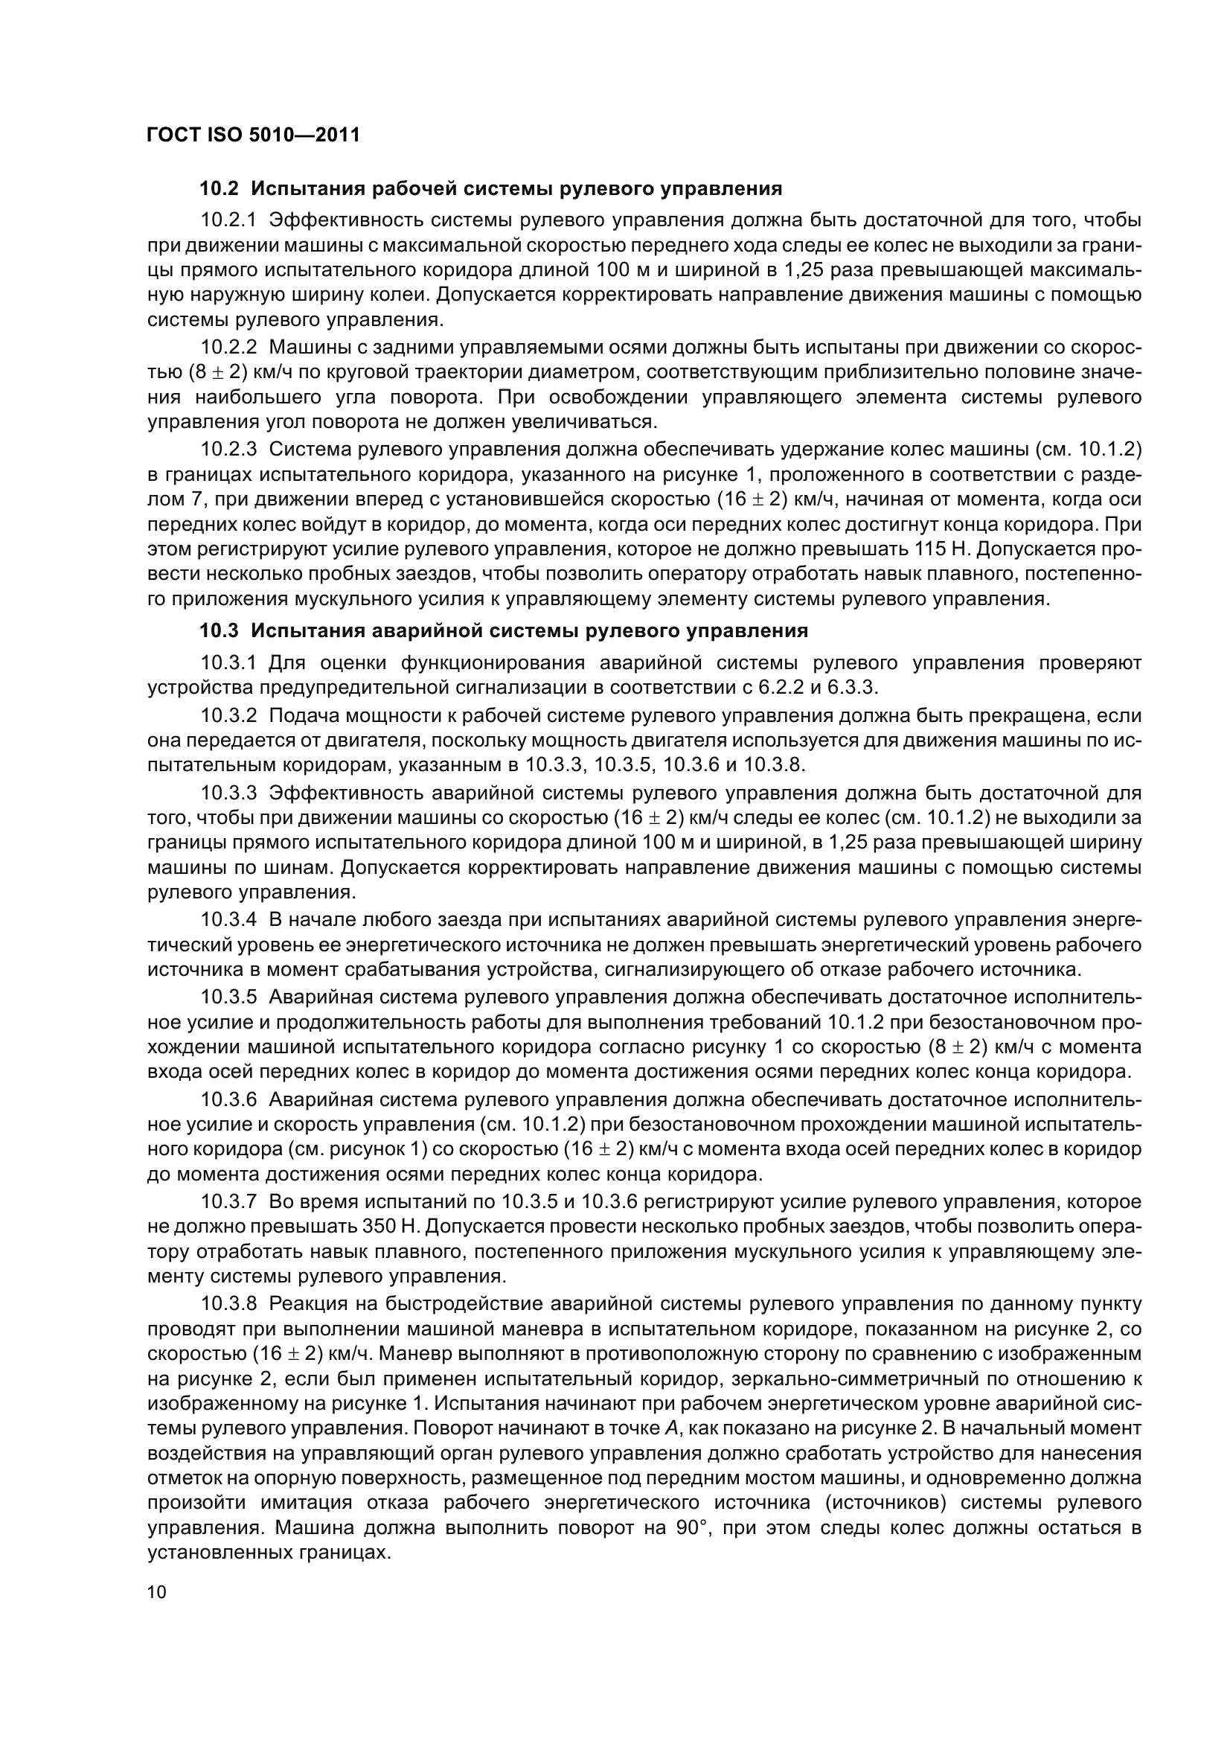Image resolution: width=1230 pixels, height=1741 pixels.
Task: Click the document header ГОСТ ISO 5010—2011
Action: [253, 135]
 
